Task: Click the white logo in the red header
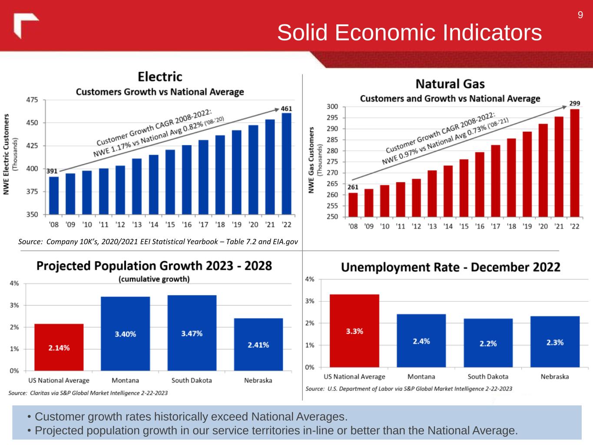26,26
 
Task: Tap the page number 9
580,16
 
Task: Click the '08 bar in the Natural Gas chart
353,205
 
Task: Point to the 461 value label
286,108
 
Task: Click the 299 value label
575,103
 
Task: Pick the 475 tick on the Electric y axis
32,100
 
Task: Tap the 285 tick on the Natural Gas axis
332,140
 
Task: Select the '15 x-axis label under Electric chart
170,225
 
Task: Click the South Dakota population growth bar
192,333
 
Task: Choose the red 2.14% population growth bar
59,347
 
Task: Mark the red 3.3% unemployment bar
354,331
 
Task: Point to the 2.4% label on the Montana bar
421,341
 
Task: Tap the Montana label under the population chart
125,380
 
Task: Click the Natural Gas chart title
450,83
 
